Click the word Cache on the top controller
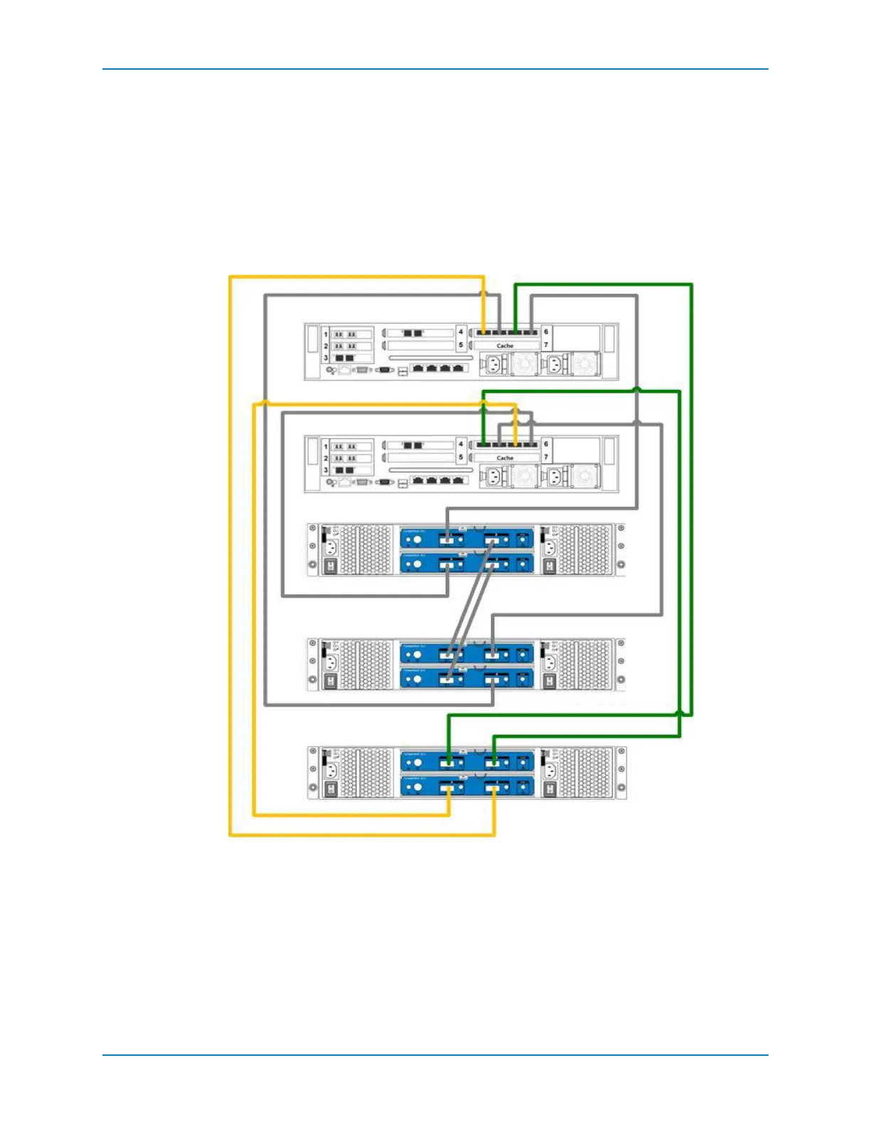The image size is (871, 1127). click(x=505, y=346)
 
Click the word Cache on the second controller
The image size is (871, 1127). click(x=505, y=458)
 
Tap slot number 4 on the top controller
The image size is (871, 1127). click(x=460, y=332)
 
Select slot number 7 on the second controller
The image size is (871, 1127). click(x=546, y=457)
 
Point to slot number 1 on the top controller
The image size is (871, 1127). click(x=326, y=334)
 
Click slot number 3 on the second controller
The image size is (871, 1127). click(x=326, y=470)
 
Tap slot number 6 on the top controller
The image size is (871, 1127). click(x=546, y=332)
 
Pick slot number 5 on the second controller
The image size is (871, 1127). click(x=460, y=457)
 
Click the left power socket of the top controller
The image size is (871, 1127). click(x=493, y=365)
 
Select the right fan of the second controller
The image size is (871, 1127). click(x=585, y=476)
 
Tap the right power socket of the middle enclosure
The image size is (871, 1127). click(x=549, y=662)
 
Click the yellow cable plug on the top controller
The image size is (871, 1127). click(x=484, y=332)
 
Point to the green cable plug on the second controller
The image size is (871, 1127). click(x=484, y=445)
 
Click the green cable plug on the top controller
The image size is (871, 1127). click(x=515, y=332)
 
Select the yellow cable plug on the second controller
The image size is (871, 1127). click(x=515, y=445)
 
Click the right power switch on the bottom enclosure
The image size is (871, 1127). click(x=549, y=789)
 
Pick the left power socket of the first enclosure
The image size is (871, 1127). click(x=330, y=548)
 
